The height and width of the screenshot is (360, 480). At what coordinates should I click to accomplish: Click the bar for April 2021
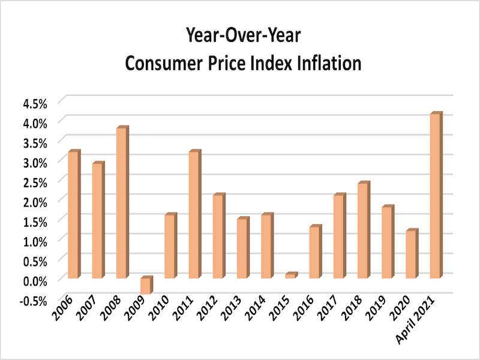click(435, 196)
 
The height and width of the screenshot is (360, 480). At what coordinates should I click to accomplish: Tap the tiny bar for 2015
click(290, 275)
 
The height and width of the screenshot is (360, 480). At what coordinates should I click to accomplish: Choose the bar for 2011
click(194, 215)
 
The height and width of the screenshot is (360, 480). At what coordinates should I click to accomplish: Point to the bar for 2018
click(362, 230)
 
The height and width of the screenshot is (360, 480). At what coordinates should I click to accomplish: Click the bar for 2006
click(73, 215)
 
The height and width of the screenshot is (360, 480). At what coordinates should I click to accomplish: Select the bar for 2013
click(242, 248)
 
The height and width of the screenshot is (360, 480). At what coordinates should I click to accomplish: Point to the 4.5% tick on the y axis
click(35, 103)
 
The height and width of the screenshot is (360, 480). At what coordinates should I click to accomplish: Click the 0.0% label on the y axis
click(35, 280)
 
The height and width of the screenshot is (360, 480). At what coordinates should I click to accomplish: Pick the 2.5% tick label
click(35, 181)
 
